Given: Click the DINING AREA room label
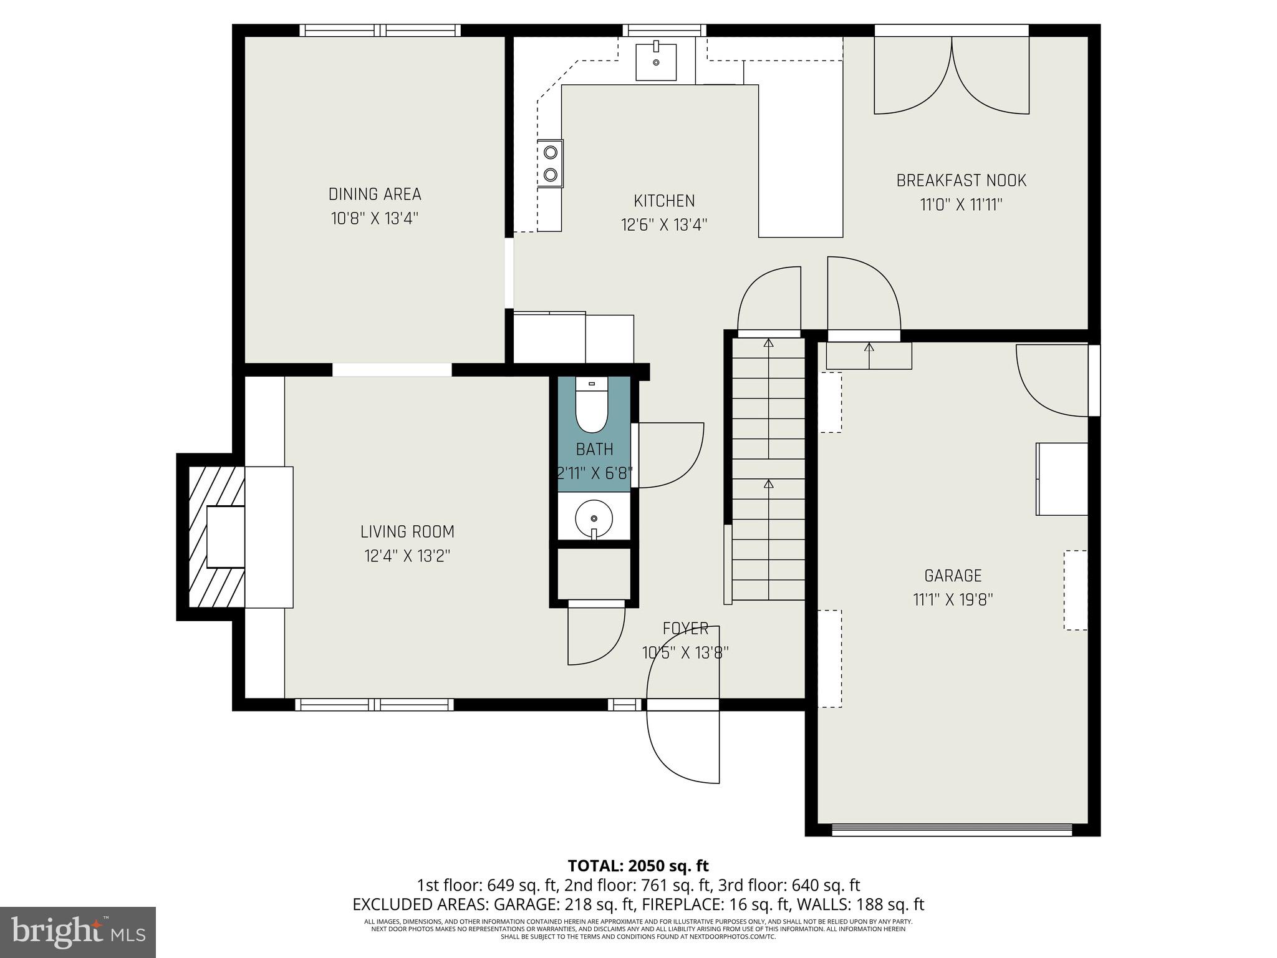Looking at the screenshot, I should pos(375,194).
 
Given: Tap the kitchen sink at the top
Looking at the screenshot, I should pos(656,62).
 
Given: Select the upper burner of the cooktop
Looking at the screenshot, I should pos(551,152).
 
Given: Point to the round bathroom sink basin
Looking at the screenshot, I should pos(594,518).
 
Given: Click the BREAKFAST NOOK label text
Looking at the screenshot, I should pos(961,181).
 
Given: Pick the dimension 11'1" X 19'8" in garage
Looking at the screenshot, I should pos(952,600).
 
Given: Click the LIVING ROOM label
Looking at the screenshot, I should pos(407,532).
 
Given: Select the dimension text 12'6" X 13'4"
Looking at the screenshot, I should pos(664,225).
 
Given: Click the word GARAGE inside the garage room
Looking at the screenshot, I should pos(953,576).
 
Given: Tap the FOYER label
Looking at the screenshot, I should pos(685,629).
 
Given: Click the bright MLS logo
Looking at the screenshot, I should pos(78,932).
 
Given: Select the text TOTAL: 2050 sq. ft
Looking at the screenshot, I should pos(638,866).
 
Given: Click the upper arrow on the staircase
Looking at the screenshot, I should pos(768,342).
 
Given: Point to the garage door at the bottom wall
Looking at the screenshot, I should pos(952,830).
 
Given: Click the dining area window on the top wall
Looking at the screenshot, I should pos(380,30).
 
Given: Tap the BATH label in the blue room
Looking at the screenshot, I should pos(594,449).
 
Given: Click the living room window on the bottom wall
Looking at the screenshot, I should pos(374,704).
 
